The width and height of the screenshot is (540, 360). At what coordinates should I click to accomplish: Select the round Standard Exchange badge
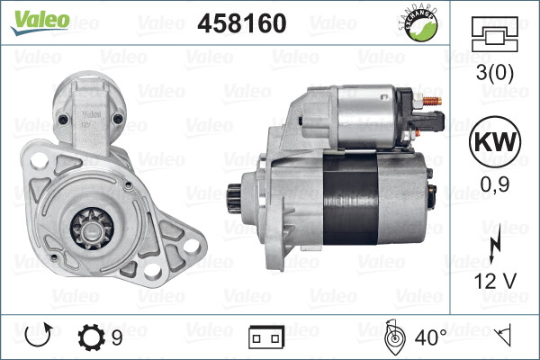pos(426,27)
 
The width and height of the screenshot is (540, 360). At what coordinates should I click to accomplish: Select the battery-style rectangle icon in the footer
pos(265,338)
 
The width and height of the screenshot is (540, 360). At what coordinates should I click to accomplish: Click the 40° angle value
pos(429,338)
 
